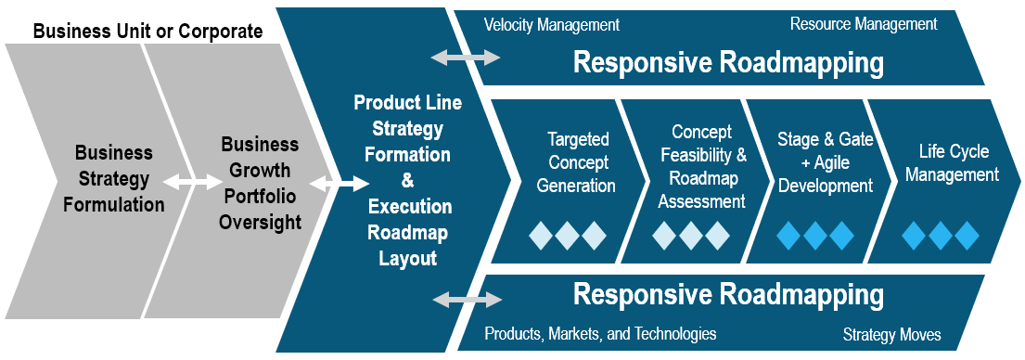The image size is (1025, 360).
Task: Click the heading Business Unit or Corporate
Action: click(147, 32)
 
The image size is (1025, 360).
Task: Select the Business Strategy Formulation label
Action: click(114, 178)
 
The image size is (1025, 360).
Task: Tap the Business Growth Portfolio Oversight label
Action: click(260, 183)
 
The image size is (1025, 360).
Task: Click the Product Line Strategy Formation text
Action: click(407, 128)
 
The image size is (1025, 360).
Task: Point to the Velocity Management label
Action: click(552, 25)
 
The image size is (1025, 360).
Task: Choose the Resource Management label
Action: click(864, 24)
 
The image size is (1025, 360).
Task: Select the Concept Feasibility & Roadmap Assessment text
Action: click(701, 167)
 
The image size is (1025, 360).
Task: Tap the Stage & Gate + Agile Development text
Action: click(826, 162)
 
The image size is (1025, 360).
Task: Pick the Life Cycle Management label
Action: click(953, 162)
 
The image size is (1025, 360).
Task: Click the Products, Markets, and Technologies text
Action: click(601, 334)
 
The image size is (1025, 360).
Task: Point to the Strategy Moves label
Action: click(891, 334)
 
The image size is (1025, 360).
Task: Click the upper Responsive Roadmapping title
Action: click(728, 63)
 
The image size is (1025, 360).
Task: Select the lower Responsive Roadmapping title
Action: click(728, 295)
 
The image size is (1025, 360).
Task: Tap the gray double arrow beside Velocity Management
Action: click(466, 58)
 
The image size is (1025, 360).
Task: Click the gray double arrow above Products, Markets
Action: click(468, 300)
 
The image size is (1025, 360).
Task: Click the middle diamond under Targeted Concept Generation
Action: click(568, 236)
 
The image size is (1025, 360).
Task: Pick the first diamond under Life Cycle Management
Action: click(915, 236)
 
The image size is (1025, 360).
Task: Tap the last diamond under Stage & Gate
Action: click(840, 236)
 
